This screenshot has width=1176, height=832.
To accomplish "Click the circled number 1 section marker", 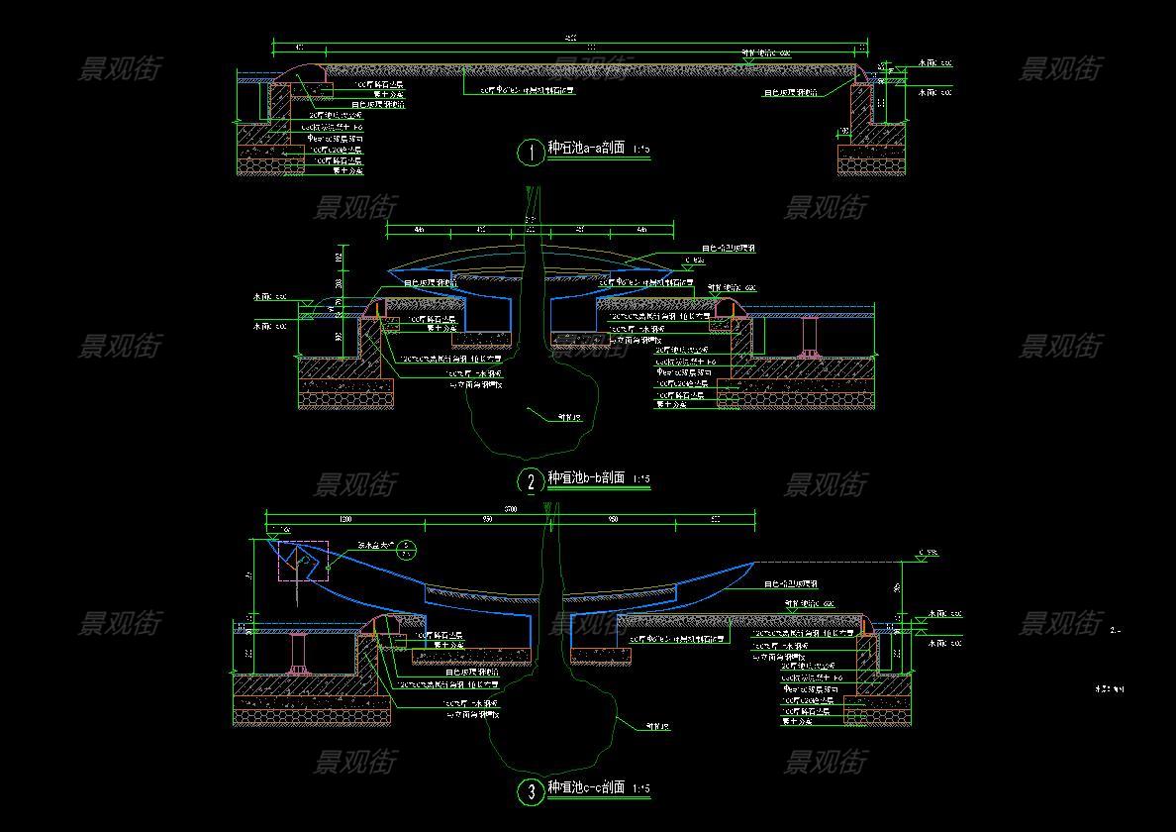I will point(531,152).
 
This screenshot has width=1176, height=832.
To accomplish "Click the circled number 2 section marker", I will point(531,481).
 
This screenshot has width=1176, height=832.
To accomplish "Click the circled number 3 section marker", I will point(531,791).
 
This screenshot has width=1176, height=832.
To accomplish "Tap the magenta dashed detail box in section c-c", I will point(303,561).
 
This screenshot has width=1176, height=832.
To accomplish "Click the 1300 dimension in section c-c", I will point(345,519).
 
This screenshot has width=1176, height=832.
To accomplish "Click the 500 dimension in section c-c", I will point(715,519).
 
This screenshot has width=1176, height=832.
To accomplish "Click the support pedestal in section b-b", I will point(809,337).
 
